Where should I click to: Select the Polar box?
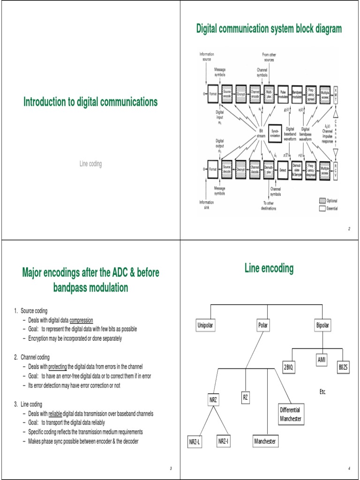tap(262, 325)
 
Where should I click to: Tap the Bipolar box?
tap(323, 325)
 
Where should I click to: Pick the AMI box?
tap(321, 360)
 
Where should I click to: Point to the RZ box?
tap(245, 398)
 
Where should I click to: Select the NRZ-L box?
tap(195, 442)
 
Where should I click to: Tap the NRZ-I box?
tap(223, 441)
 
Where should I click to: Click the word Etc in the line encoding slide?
tap(322, 391)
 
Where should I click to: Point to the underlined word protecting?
tap(58, 366)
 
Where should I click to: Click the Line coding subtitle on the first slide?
tap(90, 164)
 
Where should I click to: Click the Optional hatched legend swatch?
tap(322, 200)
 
